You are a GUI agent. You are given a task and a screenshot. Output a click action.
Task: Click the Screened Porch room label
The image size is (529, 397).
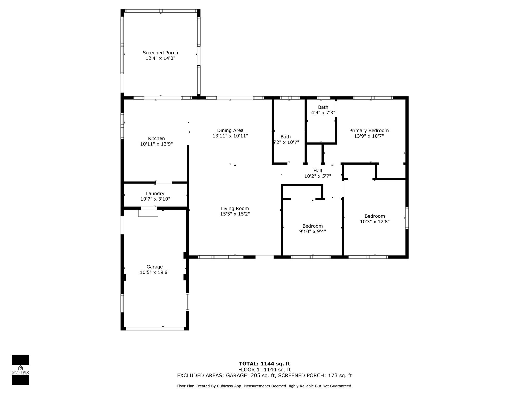[x=160, y=53]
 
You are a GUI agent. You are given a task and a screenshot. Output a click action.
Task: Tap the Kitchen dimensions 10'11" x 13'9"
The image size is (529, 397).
[x=157, y=144]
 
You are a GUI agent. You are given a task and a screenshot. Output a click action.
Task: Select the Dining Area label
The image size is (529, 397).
[x=230, y=131]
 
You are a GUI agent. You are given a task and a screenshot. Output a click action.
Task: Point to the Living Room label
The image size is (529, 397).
[x=235, y=209]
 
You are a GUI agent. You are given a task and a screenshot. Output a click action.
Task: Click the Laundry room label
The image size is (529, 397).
[x=155, y=194]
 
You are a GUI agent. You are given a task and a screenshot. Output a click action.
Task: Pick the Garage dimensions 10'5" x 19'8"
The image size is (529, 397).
[x=154, y=272]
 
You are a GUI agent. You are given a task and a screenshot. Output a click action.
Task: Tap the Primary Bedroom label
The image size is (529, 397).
[x=369, y=131]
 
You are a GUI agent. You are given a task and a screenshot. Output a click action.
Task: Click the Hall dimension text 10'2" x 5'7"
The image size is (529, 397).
[x=318, y=176]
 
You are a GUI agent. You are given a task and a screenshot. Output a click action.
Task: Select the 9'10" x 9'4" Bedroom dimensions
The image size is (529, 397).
[x=313, y=231]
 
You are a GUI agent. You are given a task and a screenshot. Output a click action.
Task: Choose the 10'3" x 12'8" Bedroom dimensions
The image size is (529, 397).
[x=375, y=222]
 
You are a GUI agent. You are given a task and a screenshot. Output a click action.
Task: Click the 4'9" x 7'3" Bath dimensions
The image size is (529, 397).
[x=323, y=113]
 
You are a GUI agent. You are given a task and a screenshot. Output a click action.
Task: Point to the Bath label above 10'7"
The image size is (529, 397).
[x=286, y=137]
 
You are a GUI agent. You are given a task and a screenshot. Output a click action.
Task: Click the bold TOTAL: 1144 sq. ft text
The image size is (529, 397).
[x=264, y=364]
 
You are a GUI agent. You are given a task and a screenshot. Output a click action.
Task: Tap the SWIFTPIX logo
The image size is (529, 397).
[x=20, y=370]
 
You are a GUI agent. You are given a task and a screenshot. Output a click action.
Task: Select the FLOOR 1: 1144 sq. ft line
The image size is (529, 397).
[x=264, y=370]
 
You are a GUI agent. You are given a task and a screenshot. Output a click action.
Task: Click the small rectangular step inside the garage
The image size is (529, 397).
[x=148, y=213]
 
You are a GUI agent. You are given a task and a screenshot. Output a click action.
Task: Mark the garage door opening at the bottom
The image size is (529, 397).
[x=155, y=329]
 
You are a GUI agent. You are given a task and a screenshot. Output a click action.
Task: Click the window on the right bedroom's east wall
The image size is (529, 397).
[x=407, y=218]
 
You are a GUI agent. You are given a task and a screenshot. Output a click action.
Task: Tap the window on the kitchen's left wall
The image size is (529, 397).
[x=122, y=126]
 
